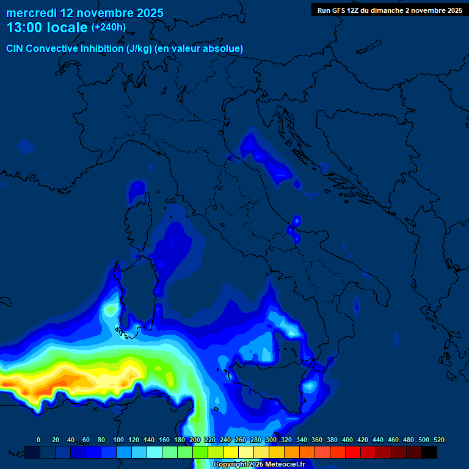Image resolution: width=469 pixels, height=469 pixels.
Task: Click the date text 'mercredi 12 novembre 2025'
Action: point(85,13)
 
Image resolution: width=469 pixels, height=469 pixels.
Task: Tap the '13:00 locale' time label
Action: point(47,27)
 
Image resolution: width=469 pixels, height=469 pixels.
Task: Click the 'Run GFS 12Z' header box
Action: point(390,10)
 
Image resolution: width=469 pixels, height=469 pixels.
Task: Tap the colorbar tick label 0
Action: point(38,440)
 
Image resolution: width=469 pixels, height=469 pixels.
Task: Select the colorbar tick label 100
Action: point(118,440)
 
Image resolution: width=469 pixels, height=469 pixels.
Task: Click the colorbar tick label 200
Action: point(195,440)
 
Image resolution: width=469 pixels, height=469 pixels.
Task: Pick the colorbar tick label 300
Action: point(271,440)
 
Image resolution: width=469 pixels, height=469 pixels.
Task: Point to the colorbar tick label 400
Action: point(347,440)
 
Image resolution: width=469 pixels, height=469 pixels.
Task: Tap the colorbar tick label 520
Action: point(438,440)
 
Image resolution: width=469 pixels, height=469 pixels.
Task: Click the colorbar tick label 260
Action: point(241,440)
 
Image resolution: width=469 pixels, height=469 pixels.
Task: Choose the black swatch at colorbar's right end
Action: point(429,452)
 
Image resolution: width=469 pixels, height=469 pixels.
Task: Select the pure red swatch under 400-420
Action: point(353,452)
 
